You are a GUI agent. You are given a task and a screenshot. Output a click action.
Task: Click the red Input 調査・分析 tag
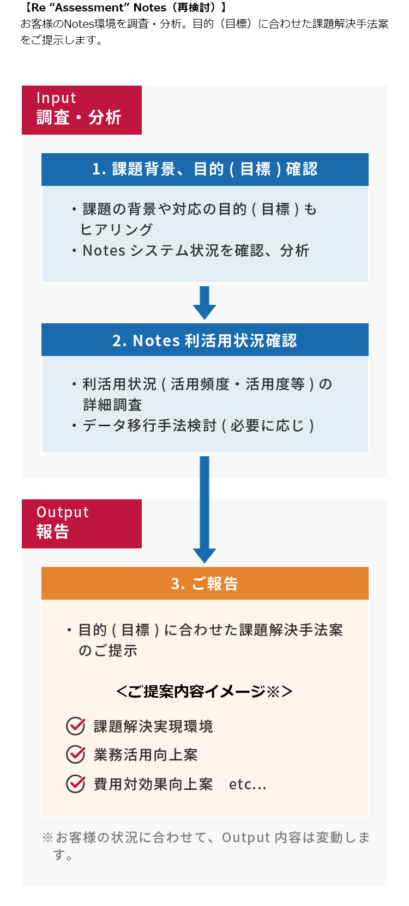tap(82, 110)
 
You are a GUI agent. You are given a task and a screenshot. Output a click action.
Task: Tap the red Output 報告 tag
tap(82, 523)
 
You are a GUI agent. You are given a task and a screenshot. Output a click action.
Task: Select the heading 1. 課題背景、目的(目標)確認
tap(204, 170)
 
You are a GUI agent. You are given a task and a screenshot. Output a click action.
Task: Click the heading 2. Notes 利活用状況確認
tap(204, 340)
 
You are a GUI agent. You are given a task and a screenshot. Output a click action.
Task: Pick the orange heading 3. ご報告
tap(204, 583)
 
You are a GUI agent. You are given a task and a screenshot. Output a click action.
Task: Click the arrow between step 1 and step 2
tap(204, 303)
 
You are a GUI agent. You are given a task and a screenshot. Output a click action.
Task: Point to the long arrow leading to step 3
tap(204, 510)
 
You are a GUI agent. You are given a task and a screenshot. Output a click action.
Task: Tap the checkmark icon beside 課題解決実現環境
tap(76, 726)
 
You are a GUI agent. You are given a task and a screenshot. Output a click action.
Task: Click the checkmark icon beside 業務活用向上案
tap(76, 754)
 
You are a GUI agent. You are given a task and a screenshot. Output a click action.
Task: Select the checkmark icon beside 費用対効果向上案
tap(76, 784)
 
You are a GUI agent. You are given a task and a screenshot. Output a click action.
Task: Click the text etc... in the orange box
tap(248, 784)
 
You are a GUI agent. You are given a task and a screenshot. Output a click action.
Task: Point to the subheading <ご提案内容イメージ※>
tap(204, 691)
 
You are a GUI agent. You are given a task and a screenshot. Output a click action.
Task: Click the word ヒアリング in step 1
tap(116, 229)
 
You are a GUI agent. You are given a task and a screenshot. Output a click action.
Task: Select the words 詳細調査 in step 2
tap(113, 405)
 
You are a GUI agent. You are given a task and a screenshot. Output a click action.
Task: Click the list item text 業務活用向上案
tap(146, 755)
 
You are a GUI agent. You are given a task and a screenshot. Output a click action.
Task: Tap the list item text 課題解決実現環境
tap(153, 727)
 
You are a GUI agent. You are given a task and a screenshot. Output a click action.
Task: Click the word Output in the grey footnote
tap(246, 837)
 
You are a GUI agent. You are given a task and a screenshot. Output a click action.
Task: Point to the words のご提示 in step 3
tap(108, 651)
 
